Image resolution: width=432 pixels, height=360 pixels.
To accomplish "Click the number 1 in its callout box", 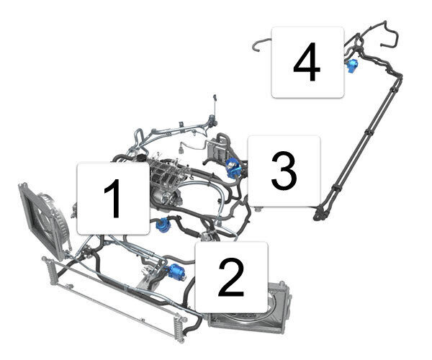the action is click(x=113, y=198).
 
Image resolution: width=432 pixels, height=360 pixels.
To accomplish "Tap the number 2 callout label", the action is click(x=231, y=278).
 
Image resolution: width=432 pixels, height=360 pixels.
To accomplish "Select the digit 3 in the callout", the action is click(x=284, y=171).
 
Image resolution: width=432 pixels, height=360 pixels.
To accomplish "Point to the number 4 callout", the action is click(x=307, y=62).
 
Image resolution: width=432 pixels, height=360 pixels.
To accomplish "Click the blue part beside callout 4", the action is click(x=352, y=66).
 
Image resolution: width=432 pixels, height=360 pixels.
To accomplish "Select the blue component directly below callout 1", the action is click(x=163, y=224).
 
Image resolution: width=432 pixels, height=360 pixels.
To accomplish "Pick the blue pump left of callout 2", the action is click(x=176, y=272).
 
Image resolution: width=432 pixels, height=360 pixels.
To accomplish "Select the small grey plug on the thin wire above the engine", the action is click(x=181, y=150).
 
